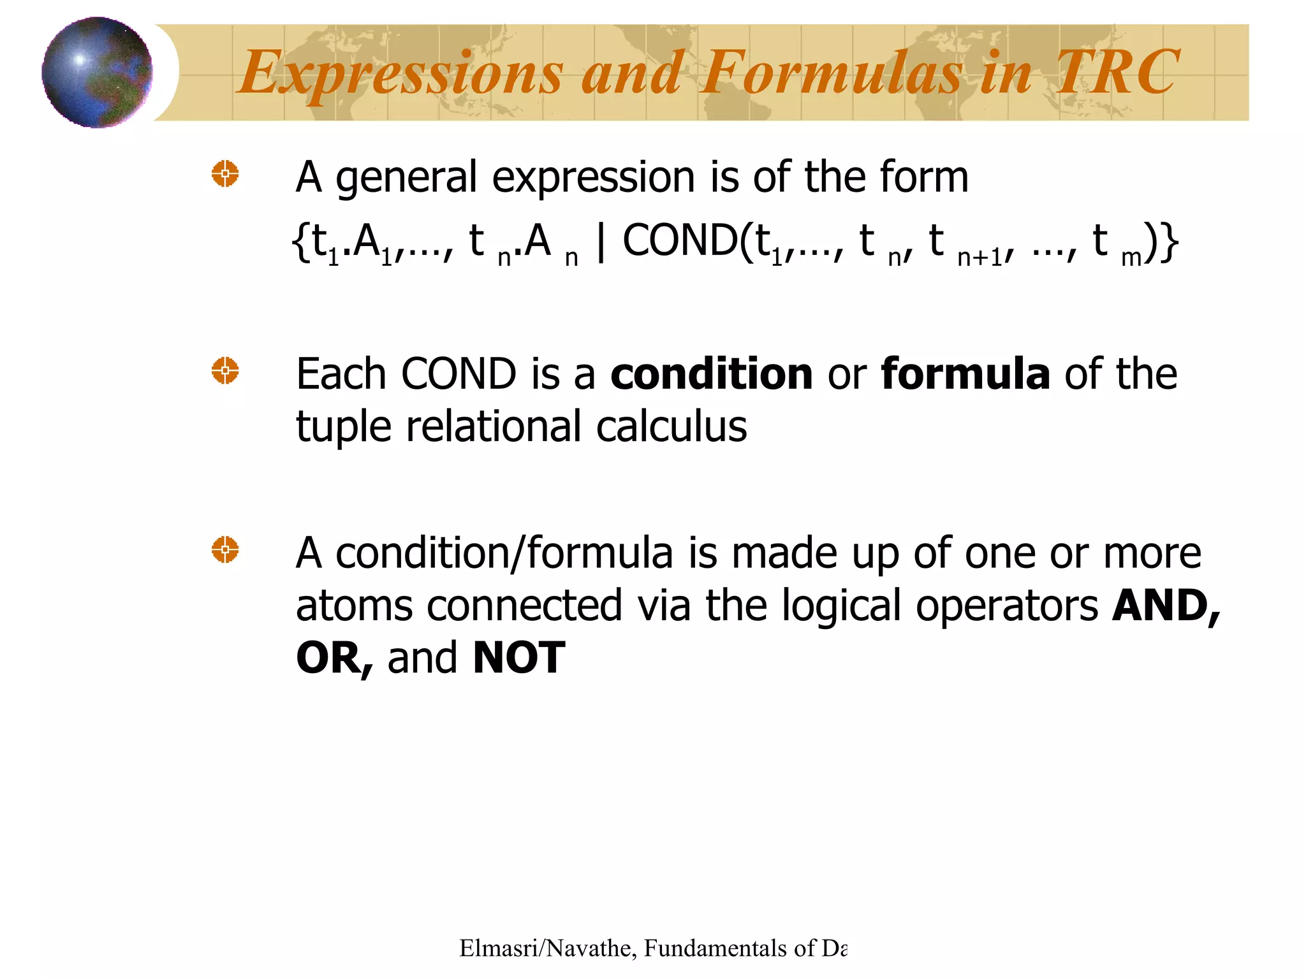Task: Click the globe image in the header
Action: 97,72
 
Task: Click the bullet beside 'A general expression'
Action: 225,173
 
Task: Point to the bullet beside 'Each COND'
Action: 225,370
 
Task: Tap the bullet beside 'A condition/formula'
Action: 225,549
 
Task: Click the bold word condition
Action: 711,374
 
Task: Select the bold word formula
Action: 965,374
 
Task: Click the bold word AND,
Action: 1166,606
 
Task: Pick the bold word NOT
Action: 518,658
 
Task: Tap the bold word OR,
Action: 334,658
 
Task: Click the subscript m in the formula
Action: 1131,257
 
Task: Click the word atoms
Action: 354,606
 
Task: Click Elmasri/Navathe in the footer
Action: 545,948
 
